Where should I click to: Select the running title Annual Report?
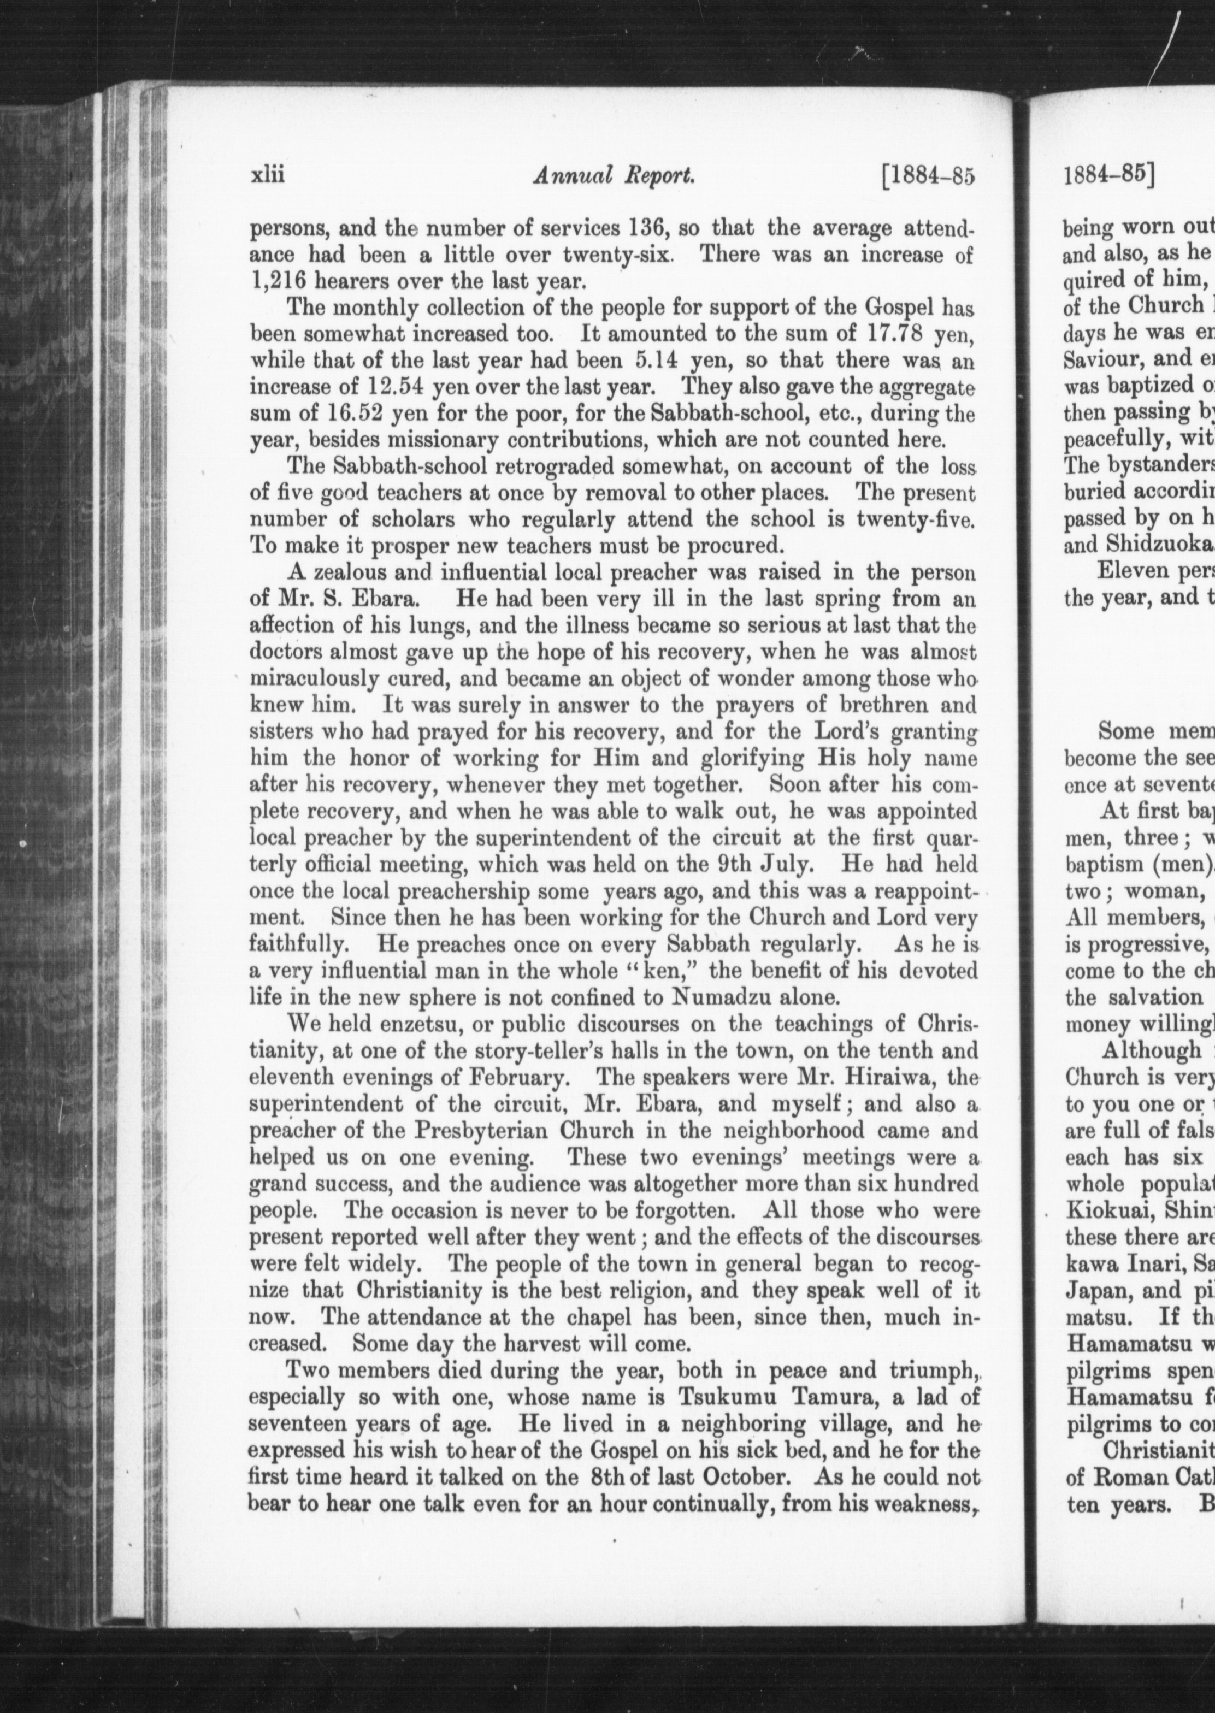614,176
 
